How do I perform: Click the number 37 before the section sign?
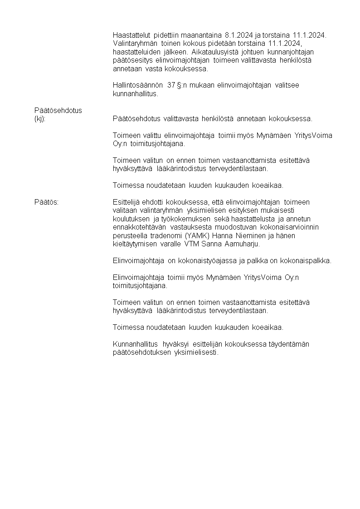click(x=171, y=85)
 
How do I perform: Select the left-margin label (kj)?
click(x=40, y=118)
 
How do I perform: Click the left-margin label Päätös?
click(x=47, y=202)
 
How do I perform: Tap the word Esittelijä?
click(x=126, y=202)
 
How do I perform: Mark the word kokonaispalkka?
click(x=307, y=260)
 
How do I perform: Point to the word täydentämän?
click(x=290, y=344)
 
